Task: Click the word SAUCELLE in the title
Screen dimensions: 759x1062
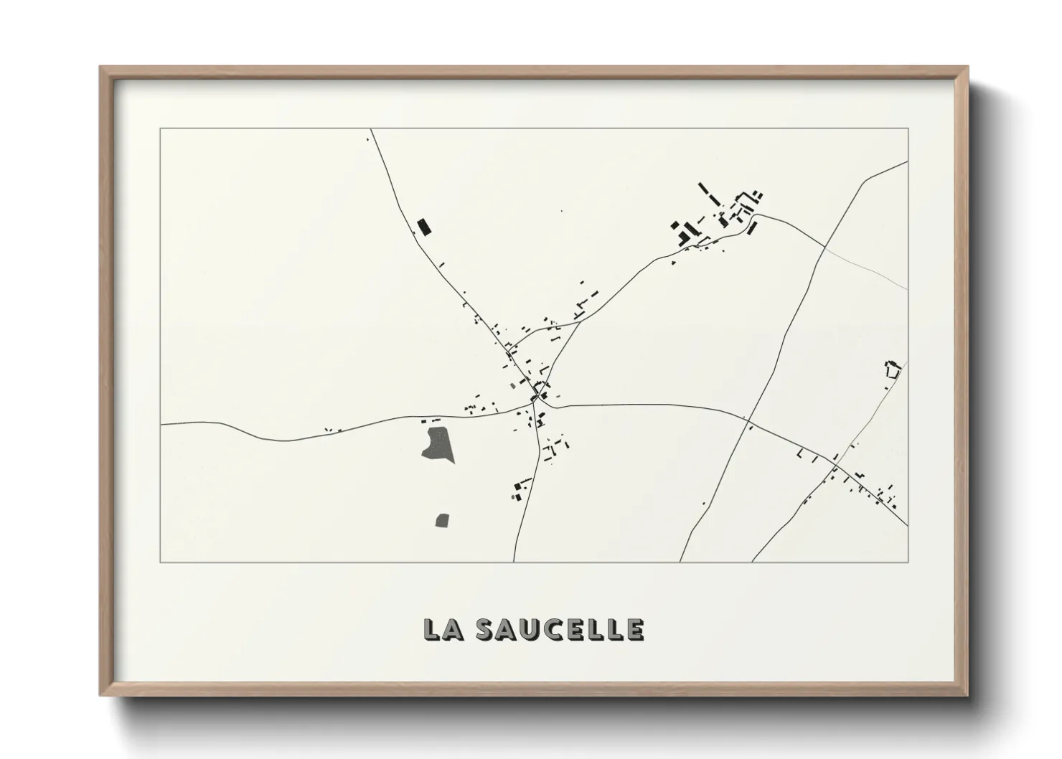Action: [560, 629]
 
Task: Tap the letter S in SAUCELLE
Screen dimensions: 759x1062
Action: [487, 629]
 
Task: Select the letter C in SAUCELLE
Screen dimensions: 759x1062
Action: [553, 629]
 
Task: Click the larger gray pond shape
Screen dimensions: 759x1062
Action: [438, 444]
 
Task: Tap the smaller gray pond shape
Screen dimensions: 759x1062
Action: [443, 519]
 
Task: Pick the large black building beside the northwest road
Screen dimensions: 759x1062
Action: [424, 227]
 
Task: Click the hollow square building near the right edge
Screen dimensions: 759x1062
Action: [893, 370]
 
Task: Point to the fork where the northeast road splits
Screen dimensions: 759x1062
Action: [580, 322]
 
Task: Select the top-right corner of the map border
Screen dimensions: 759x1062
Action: [908, 129]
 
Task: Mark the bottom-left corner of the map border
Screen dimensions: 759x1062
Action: [161, 562]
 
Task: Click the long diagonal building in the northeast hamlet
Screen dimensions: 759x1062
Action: [708, 194]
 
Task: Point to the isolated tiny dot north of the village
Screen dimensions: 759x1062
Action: [561, 211]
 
